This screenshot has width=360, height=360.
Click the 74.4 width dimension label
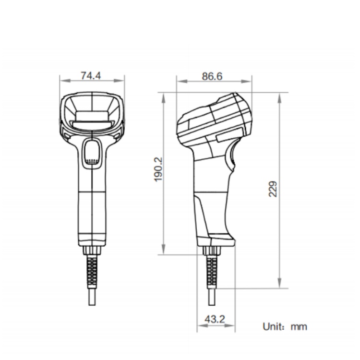91,75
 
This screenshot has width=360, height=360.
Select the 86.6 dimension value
212,76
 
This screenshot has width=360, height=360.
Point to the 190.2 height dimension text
158,169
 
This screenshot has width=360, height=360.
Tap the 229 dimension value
273,189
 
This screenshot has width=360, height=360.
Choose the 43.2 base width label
215,319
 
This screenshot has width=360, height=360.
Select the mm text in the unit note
299,327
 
